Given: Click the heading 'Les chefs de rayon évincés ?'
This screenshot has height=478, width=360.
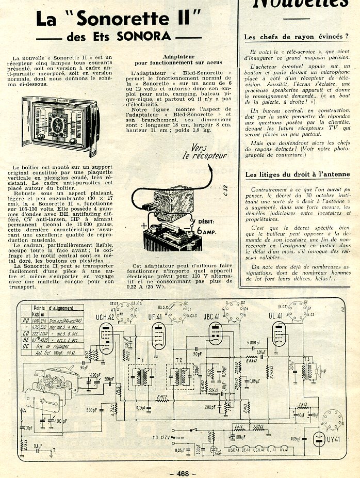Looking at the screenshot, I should pyautogui.click(x=296, y=37).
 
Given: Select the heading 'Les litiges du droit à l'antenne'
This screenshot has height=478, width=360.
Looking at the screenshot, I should pyautogui.click(x=297, y=175).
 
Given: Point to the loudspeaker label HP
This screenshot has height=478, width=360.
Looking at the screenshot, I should pyautogui.click(x=323, y=371).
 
